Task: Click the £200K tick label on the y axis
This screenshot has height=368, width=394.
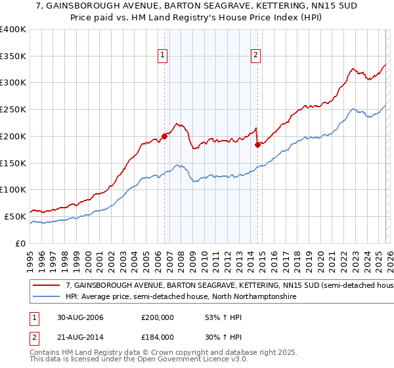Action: tap(13, 136)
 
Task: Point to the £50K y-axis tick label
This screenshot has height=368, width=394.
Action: tap(15, 216)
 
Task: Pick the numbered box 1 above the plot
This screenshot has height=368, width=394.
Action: tap(162, 56)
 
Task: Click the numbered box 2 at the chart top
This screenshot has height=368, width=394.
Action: tap(255, 56)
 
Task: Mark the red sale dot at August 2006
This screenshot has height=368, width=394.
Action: tap(165, 136)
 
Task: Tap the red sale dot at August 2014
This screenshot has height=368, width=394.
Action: tap(257, 145)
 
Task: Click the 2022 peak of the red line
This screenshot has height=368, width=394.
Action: tap(353, 68)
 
